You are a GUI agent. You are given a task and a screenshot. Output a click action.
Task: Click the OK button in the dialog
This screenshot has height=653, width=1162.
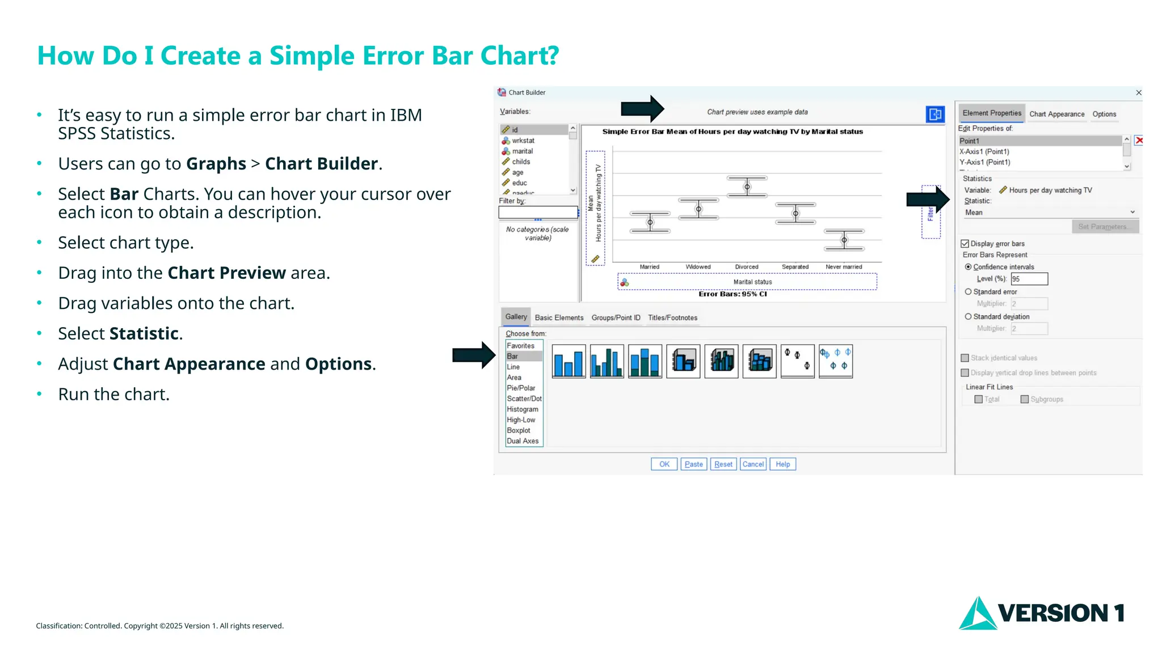coord(664,464)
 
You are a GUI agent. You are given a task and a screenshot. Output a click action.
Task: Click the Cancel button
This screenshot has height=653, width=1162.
coord(753,464)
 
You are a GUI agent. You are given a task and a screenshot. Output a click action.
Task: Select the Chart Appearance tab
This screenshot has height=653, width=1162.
coord(1056,114)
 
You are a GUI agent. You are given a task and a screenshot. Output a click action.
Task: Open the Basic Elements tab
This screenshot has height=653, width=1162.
coord(559,317)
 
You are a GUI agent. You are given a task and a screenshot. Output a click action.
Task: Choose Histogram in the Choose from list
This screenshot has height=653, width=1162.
coord(522,409)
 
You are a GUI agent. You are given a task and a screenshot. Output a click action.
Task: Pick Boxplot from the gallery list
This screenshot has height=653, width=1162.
coord(519,430)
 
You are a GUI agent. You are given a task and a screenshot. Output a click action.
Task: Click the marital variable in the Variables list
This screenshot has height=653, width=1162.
coord(522,151)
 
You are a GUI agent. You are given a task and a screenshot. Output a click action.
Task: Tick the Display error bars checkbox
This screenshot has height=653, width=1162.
coord(965,244)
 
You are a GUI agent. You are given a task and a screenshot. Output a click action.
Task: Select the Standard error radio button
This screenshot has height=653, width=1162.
coord(969,292)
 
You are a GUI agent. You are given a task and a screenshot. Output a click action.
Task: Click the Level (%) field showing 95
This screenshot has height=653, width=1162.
coord(1029,279)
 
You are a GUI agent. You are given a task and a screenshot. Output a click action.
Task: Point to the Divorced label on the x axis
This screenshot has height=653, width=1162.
coord(746,267)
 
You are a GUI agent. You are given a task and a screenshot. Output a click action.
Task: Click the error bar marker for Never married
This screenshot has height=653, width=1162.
coord(844,240)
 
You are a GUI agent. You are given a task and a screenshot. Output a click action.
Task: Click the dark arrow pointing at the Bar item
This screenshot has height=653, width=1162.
coord(474,355)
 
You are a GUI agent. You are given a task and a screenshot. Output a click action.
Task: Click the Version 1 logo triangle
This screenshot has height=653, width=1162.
coord(977,614)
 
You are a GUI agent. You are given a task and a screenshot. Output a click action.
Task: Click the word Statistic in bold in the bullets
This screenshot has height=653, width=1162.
coord(144,334)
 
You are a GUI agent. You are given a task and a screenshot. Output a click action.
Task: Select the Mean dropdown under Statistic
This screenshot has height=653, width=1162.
coord(1050,213)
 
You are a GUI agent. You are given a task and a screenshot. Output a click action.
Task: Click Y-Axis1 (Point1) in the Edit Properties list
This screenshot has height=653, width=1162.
coord(985,162)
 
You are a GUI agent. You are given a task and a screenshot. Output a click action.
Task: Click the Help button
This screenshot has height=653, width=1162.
coord(782,464)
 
